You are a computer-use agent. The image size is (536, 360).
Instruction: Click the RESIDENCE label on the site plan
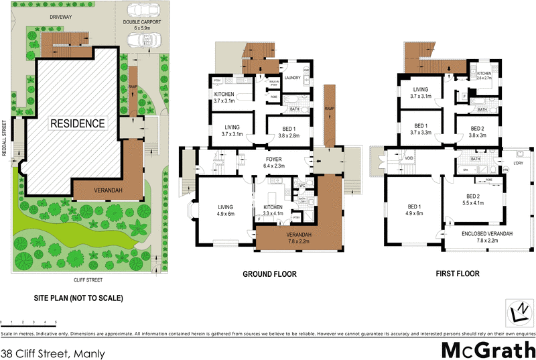pos(76,123)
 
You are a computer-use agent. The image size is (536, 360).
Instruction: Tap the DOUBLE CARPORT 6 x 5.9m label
pos(141,25)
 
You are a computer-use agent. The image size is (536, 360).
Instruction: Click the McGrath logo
pos(487,349)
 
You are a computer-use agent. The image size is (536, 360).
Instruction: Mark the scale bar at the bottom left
pos(23,323)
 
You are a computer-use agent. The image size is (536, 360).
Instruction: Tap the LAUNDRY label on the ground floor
pos(291,78)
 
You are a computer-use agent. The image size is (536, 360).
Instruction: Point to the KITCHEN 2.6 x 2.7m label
pos(484,75)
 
